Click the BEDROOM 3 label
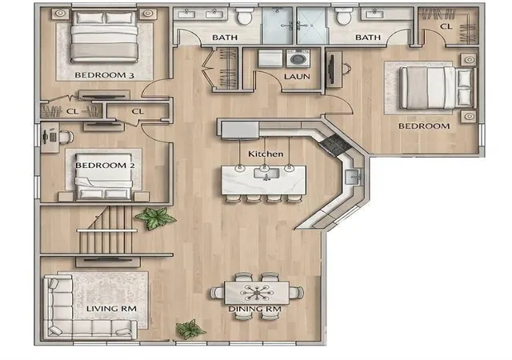[104, 75]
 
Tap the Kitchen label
[266, 154]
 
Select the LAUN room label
[297, 77]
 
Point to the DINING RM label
[254, 309]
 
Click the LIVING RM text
[111, 309]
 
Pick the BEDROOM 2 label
[105, 166]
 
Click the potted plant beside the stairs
[156, 218]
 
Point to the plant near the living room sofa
[190, 329]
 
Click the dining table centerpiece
[257, 292]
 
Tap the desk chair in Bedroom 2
[66, 138]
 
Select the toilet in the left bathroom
[244, 17]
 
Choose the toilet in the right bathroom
[343, 17]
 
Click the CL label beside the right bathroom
[446, 26]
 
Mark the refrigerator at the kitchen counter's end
[240, 130]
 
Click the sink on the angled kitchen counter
[353, 178]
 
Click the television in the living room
[108, 260]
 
